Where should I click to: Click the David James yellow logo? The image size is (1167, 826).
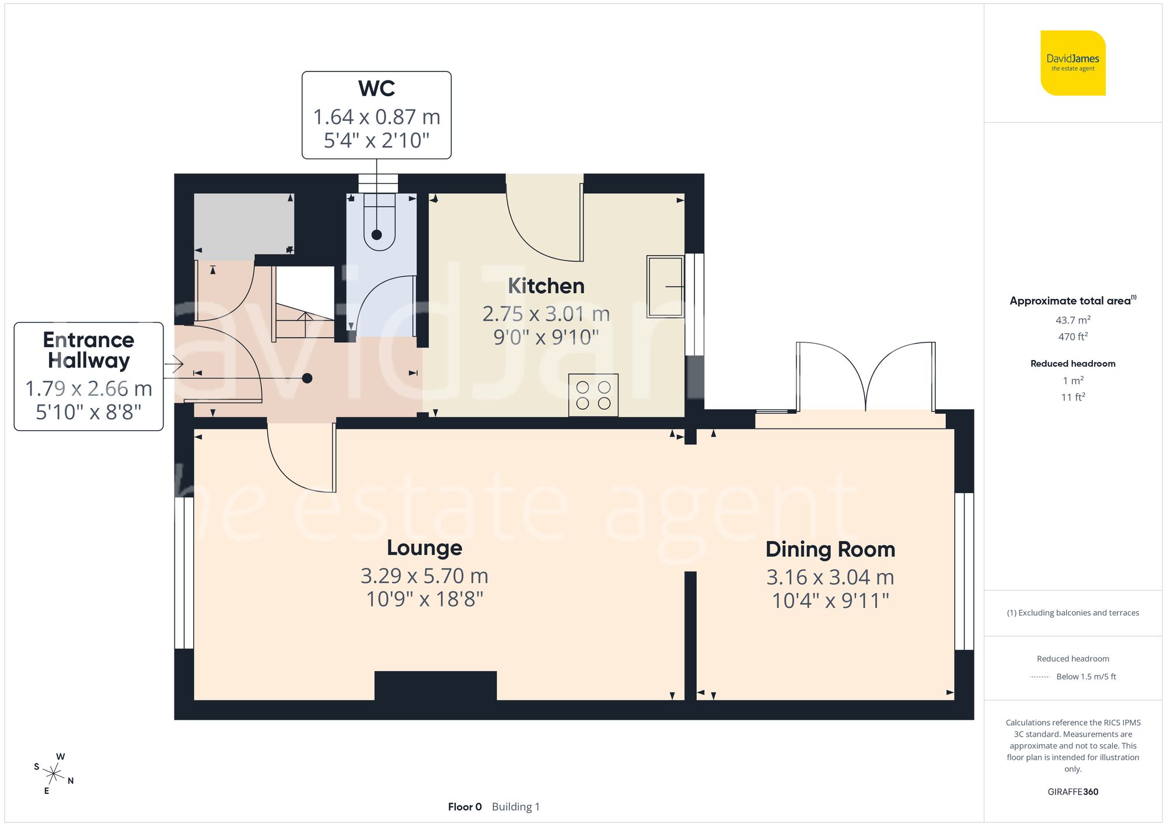coord(1072,63)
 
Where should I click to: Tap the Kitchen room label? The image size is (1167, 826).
coord(546,286)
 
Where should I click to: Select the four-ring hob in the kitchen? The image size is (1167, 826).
coord(593,395)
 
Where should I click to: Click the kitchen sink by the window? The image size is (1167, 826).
coord(665,287)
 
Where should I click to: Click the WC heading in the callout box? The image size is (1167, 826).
coord(376,89)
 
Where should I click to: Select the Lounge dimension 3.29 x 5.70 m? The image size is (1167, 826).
coord(424,576)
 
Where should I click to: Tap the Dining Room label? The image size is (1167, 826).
coord(830,549)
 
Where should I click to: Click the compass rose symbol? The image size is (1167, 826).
coord(54,774)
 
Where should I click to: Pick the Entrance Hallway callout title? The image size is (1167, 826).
coord(89,350)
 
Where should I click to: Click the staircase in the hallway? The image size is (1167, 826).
coord(304,304)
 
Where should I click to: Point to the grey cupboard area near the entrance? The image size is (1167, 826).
coord(244,225)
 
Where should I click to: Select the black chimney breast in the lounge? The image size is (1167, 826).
coord(435,686)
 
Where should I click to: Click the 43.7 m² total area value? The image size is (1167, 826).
coord(1072,320)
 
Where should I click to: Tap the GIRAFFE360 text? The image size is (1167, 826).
coord(1072,792)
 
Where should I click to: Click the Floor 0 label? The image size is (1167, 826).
coord(464,807)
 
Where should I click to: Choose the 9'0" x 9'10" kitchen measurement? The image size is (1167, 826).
coord(546,337)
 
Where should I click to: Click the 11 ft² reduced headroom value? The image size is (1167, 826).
coord(1072,397)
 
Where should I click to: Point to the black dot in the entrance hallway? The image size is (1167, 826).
coord(307,378)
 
